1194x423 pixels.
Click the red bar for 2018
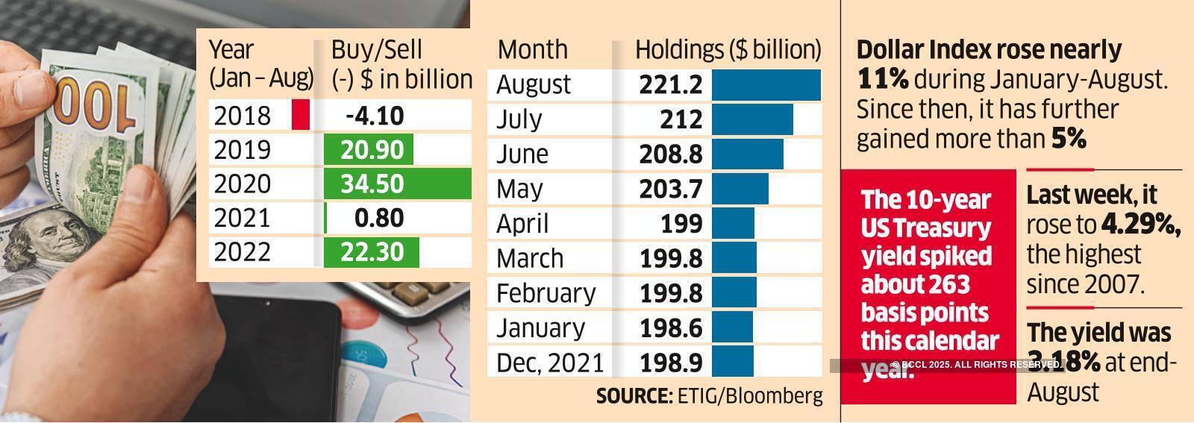click(300, 115)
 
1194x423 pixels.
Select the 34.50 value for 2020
click(372, 184)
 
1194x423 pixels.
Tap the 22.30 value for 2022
click(372, 252)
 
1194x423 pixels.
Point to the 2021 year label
click(242, 218)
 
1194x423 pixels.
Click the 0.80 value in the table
click(379, 218)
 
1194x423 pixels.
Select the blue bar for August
click(766, 84)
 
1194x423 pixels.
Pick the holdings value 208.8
click(670, 154)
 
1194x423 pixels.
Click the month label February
click(546, 293)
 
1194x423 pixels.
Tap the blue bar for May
click(740, 189)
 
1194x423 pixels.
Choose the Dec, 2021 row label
click(549, 363)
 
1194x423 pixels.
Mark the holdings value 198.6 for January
click(670, 328)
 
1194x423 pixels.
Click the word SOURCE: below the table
click(634, 396)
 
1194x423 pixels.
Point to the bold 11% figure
click(883, 79)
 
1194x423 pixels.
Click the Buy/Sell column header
click(376, 49)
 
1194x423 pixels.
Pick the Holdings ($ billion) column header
click(728, 49)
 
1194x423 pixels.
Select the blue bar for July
click(752, 119)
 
